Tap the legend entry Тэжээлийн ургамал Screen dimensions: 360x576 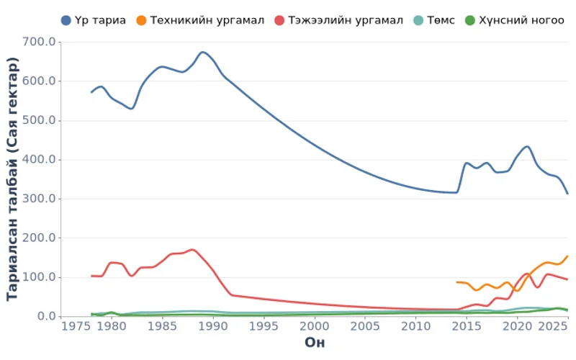[x=346, y=20]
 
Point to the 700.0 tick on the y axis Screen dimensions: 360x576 [x=40, y=42]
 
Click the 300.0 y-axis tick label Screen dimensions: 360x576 [x=40, y=199]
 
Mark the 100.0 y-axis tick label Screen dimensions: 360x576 [x=40, y=277]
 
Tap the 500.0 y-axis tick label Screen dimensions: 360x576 [x=40, y=120]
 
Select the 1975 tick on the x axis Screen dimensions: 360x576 [x=73, y=326]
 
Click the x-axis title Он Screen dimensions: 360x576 [x=315, y=342]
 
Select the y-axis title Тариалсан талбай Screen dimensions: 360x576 [x=12, y=179]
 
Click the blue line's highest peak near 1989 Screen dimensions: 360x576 [x=202, y=52]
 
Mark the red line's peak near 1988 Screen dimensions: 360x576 [x=192, y=250]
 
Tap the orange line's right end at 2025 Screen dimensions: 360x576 [x=567, y=256]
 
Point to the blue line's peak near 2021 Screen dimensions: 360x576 [x=527, y=147]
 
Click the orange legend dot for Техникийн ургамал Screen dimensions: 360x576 [x=141, y=20]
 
